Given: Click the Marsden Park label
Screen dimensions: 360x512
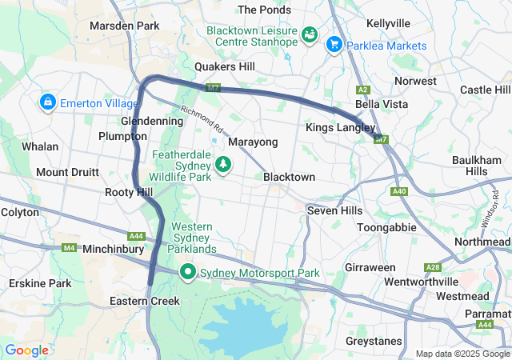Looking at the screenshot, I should [x=125, y=26].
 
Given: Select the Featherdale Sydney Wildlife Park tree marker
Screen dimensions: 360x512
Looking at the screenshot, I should [x=225, y=164].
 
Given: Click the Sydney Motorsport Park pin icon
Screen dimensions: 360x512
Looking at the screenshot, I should [x=188, y=273].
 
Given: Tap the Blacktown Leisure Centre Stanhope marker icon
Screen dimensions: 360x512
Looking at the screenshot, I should [x=310, y=35].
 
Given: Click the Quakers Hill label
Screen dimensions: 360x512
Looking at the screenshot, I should [x=225, y=67].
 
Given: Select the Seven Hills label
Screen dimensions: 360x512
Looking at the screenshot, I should [x=334, y=210].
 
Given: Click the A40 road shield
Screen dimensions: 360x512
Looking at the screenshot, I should [x=400, y=191].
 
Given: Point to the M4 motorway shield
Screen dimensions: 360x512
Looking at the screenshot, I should [x=70, y=248].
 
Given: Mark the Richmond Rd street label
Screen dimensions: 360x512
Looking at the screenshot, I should [x=201, y=121].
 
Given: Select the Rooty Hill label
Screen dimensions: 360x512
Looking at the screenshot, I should [x=128, y=192].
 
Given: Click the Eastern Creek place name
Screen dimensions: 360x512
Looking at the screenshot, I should [x=145, y=301].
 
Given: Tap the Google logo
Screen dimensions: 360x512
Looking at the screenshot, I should [x=26, y=350].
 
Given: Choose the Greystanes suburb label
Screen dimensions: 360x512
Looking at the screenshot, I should [x=374, y=341].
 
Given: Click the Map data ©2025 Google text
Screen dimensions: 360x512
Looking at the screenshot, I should [x=462, y=354].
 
